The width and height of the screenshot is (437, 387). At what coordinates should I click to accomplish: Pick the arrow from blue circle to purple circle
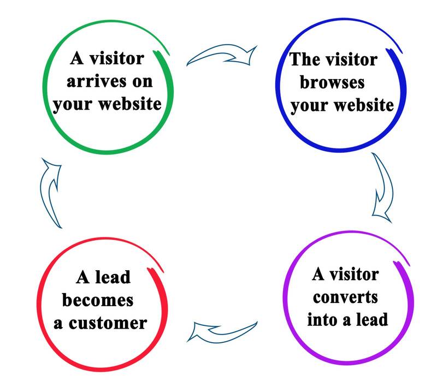click(x=382, y=188)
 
